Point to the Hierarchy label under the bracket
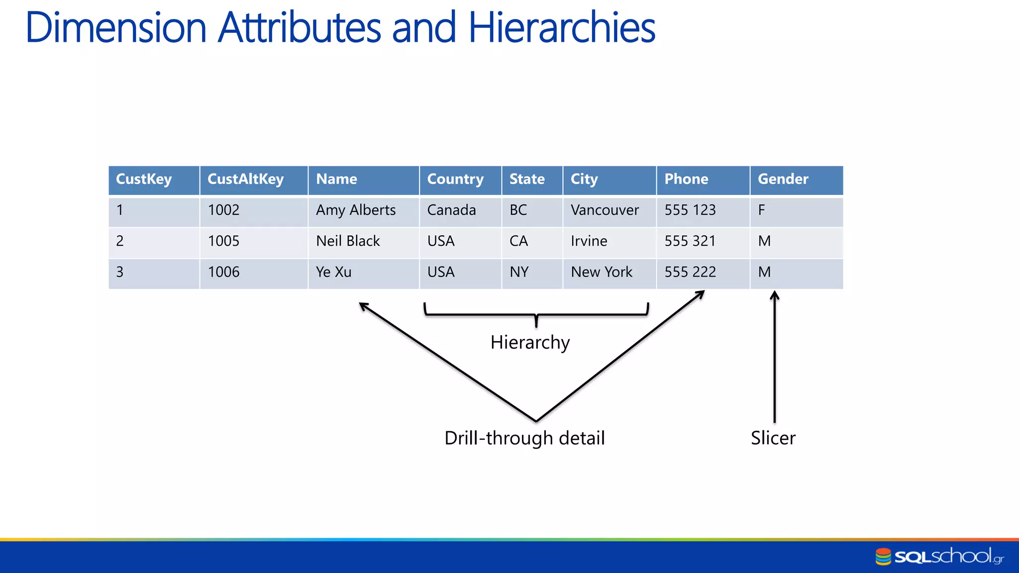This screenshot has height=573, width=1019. click(530, 343)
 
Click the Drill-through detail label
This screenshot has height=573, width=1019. click(524, 438)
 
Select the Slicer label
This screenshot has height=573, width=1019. click(773, 438)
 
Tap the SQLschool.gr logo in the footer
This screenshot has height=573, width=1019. click(939, 557)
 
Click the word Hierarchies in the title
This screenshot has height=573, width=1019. click(562, 28)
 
